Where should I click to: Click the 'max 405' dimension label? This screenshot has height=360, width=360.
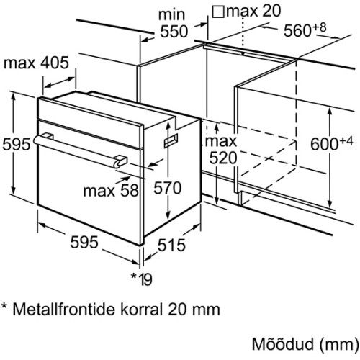(x=36, y=63)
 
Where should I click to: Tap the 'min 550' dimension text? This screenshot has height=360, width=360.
(x=174, y=23)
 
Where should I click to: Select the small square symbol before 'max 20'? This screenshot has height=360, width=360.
(x=218, y=12)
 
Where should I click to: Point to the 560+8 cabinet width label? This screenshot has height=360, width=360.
(x=305, y=30)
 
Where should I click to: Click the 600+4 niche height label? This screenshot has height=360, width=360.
(x=332, y=143)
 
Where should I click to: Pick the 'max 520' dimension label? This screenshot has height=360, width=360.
(x=222, y=150)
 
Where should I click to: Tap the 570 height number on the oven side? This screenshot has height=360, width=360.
(x=167, y=187)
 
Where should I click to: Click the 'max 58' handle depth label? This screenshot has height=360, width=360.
(x=111, y=191)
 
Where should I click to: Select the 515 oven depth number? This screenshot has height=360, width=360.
(x=171, y=245)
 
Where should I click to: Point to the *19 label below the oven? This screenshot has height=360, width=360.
(x=142, y=279)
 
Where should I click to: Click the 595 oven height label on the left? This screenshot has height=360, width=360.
(x=17, y=144)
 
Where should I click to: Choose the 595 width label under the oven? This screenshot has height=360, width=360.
(x=84, y=242)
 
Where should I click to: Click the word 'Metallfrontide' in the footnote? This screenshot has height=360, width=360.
(x=64, y=309)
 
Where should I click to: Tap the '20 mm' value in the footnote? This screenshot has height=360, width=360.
(x=194, y=309)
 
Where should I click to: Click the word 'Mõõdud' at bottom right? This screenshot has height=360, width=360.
(x=283, y=344)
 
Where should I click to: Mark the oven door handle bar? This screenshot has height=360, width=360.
(x=81, y=150)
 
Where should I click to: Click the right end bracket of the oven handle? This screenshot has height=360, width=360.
(x=120, y=161)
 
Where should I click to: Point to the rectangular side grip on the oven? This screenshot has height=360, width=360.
(x=171, y=140)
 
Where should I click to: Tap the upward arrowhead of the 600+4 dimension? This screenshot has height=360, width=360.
(x=330, y=112)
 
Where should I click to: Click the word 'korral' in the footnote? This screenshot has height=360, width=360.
(x=142, y=309)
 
